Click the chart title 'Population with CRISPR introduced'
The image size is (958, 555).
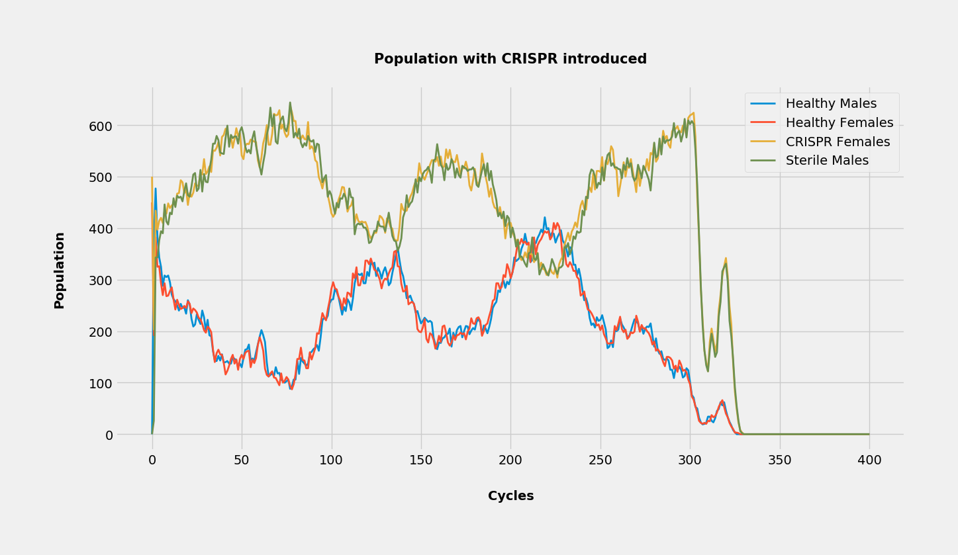pos(510,59)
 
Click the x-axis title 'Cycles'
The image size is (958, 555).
pos(510,496)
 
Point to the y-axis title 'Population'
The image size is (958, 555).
pos(60,270)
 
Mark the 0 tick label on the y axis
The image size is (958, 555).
pos(109,435)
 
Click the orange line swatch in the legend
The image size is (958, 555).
pos(763,142)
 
